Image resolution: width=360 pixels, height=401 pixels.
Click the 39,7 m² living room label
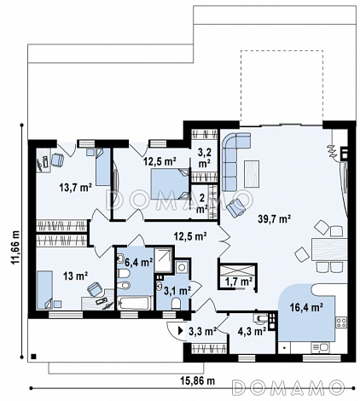[274, 218]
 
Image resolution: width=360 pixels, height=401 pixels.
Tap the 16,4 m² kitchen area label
[306, 307]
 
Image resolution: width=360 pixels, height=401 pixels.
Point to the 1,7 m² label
[239, 282]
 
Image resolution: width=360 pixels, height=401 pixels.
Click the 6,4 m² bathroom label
[139, 262]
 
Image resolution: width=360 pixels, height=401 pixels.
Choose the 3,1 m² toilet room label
[177, 290]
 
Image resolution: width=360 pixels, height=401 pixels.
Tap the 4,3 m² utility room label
[252, 331]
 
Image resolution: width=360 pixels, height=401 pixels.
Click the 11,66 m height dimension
[15, 247]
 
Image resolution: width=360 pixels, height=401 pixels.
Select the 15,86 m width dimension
[198, 381]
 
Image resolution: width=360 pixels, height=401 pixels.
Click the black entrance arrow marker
[180, 331]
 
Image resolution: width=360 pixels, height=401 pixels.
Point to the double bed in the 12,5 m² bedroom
[170, 184]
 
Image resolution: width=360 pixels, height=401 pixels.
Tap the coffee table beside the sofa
[252, 174]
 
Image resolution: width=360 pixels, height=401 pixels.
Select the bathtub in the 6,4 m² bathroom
[133, 303]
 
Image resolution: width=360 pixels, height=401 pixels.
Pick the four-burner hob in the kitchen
[341, 323]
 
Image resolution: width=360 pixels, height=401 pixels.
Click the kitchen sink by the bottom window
[320, 347]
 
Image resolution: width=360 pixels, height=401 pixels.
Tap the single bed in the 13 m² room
[45, 290]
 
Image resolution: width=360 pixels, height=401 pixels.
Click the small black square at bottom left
[33, 357]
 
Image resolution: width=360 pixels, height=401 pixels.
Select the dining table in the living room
[329, 250]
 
